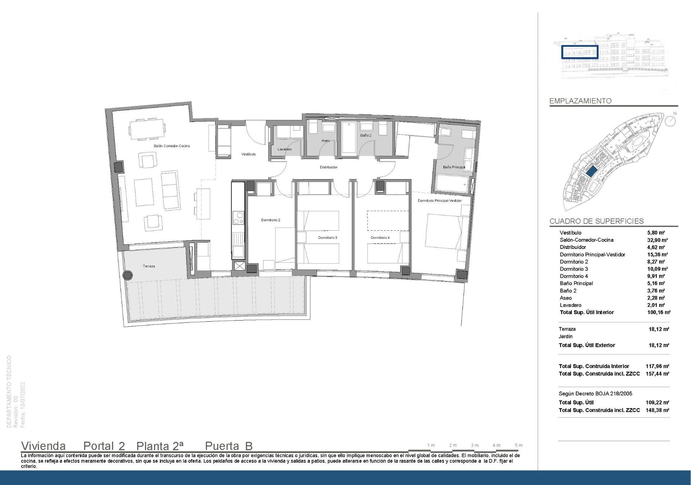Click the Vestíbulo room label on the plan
tap(248, 154)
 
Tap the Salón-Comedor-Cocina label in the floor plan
tap(172, 146)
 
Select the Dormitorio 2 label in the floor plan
tap(271, 220)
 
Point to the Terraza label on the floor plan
tap(149, 266)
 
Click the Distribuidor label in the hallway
tap(329, 167)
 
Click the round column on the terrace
tap(127, 276)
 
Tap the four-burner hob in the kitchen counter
tap(238, 218)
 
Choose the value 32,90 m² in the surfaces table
tap(657, 240)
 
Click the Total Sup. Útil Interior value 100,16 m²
tap(658, 312)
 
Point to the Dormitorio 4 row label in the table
tap(574, 276)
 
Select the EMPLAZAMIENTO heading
tap(580, 101)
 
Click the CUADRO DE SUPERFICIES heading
tap(596, 221)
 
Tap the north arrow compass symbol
tap(670, 121)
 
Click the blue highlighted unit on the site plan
tap(591, 171)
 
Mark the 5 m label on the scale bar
tap(518, 445)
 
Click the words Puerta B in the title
tap(229, 446)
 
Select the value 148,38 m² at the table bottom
tap(657, 410)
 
